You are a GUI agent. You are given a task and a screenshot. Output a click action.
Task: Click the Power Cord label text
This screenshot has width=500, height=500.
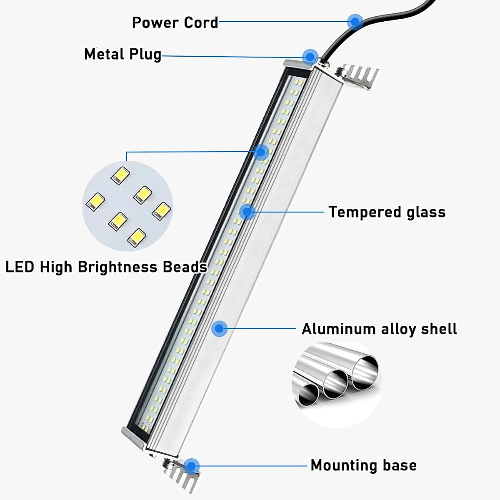point(175,22)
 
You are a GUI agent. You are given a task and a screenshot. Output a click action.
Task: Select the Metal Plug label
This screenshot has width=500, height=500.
point(122,54)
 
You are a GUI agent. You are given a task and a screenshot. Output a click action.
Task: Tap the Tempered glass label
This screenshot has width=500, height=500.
point(387,212)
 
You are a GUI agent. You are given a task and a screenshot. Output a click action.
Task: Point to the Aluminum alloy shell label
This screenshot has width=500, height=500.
point(379,329)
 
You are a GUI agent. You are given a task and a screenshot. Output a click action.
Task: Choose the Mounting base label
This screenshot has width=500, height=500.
point(363,465)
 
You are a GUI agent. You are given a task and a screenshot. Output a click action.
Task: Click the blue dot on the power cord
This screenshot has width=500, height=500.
point(355,21)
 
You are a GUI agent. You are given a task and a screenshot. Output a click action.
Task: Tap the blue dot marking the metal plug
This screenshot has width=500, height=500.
point(310,56)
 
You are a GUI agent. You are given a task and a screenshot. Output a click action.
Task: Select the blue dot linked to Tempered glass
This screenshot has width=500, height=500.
point(247,212)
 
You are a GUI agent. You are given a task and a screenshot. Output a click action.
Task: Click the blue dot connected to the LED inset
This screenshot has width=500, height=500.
point(261,152)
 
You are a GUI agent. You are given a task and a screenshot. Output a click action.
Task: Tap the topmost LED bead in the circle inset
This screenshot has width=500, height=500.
point(120,175)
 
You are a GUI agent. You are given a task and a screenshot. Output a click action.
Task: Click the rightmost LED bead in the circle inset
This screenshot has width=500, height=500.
point(161,211)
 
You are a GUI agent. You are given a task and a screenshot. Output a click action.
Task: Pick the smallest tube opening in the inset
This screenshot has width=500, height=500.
point(310,393)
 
